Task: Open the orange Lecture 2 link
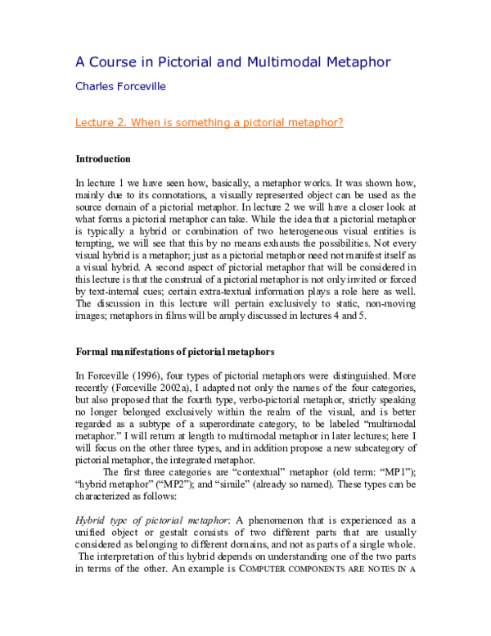pyautogui.click(x=209, y=123)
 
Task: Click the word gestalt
pyautogui.click(x=155, y=532)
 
